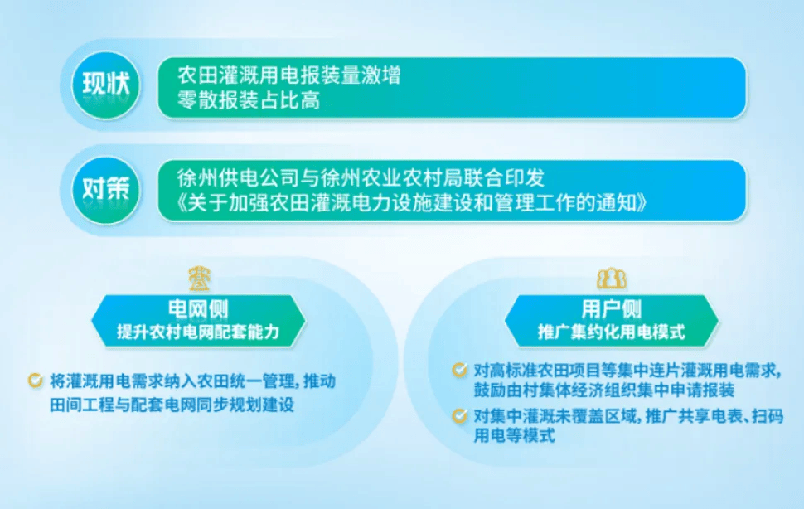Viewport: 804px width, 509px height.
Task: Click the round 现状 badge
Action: pos(106,85)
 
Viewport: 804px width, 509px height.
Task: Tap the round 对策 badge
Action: pos(106,190)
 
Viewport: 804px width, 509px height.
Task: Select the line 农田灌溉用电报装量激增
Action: pos(288,76)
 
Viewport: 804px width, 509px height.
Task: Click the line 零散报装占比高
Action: pos(249,100)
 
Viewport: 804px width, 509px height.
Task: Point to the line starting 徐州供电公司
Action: pos(361,178)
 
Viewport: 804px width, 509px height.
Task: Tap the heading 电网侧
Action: pos(198,309)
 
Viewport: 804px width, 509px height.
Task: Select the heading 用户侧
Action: pos(611,309)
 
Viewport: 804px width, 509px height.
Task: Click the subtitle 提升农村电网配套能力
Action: pos(198,332)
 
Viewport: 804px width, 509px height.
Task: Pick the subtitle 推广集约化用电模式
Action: pos(611,332)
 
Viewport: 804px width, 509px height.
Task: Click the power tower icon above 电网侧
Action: pos(199,279)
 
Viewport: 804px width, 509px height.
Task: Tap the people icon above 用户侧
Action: pos(611,278)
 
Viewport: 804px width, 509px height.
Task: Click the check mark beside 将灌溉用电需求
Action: pos(36,381)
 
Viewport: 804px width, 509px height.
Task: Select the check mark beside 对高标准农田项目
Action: pos(459,370)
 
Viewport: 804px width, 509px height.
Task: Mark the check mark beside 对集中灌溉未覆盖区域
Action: pos(459,415)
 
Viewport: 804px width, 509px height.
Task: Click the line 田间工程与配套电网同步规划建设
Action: pos(172,405)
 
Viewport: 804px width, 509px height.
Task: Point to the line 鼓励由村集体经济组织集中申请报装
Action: pos(604,390)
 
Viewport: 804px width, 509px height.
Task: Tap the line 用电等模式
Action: pos(514,436)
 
